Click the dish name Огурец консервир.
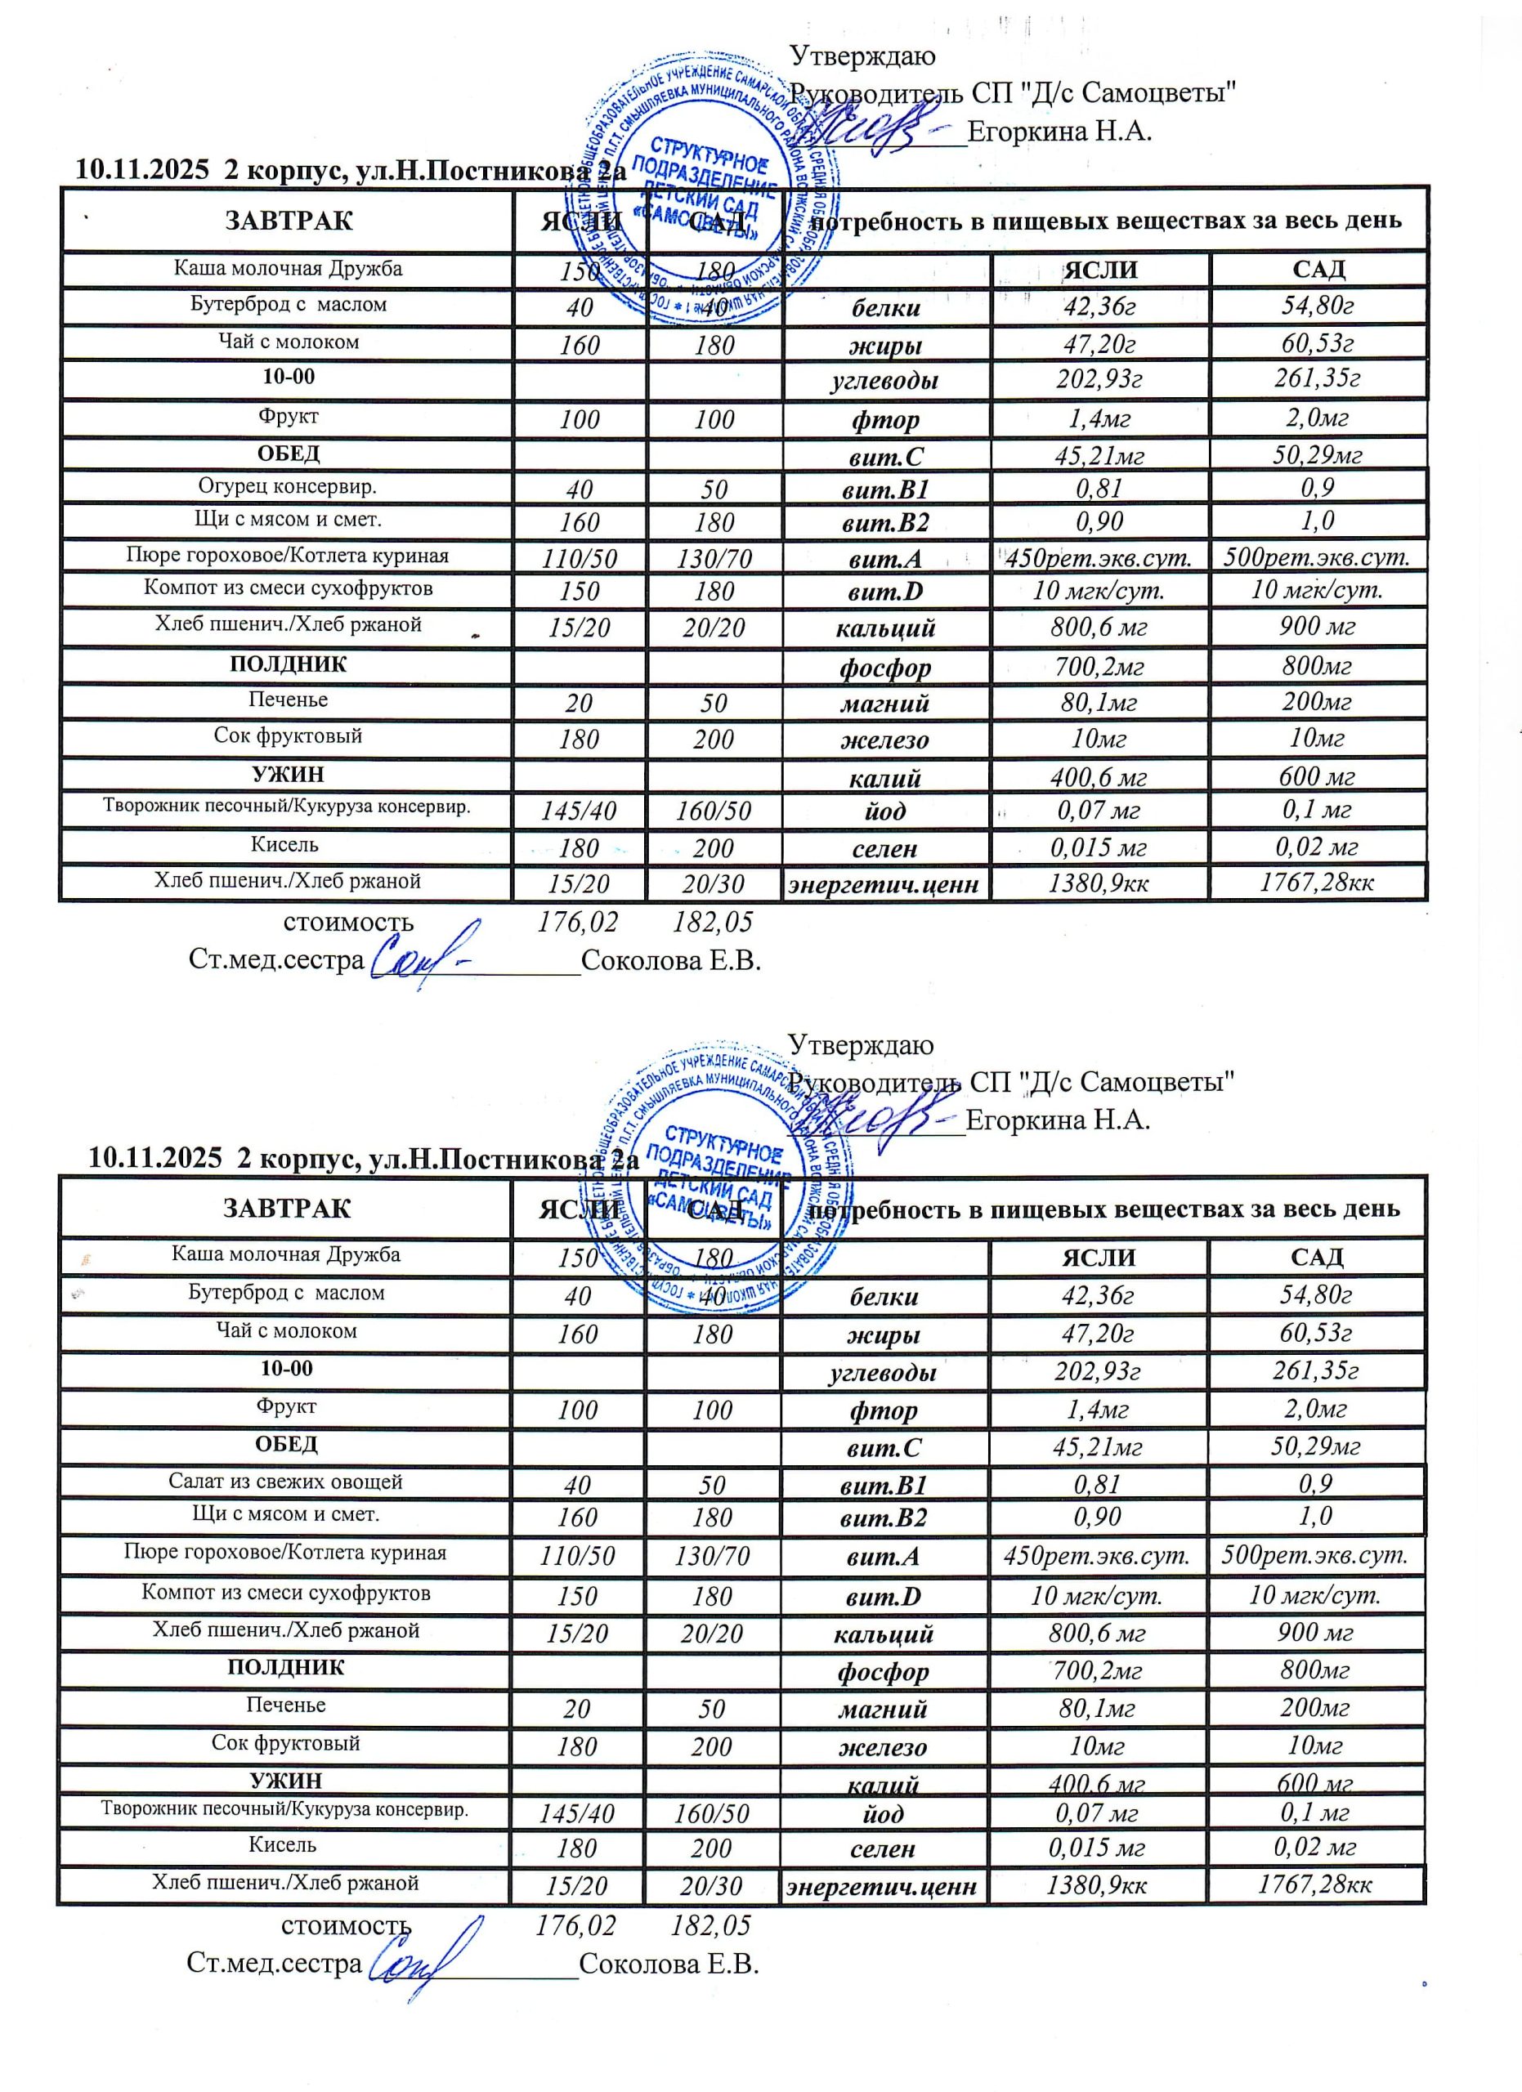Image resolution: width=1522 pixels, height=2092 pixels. point(287,486)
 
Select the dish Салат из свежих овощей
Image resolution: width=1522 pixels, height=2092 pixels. point(285,1482)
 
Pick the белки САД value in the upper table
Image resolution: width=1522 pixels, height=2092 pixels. point(1316,306)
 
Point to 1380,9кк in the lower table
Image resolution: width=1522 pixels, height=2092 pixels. point(1096,1884)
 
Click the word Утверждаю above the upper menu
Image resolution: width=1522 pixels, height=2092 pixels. point(862,56)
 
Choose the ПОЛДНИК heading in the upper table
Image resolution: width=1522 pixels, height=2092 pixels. point(288,664)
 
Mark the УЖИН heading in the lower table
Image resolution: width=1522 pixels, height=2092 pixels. point(286,1780)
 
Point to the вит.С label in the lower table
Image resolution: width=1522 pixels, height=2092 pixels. point(884,1447)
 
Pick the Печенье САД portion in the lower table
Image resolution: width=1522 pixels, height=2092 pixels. point(712,1708)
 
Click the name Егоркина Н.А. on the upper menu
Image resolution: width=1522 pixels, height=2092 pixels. point(1060,131)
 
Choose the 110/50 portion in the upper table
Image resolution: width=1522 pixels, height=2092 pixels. point(580,558)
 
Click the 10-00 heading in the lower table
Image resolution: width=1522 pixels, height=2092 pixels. point(287,1368)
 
